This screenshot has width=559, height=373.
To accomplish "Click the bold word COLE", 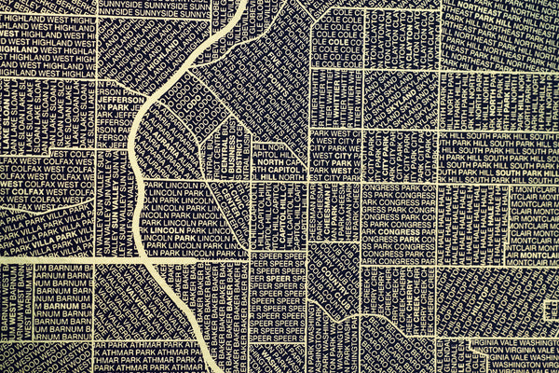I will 337,43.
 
